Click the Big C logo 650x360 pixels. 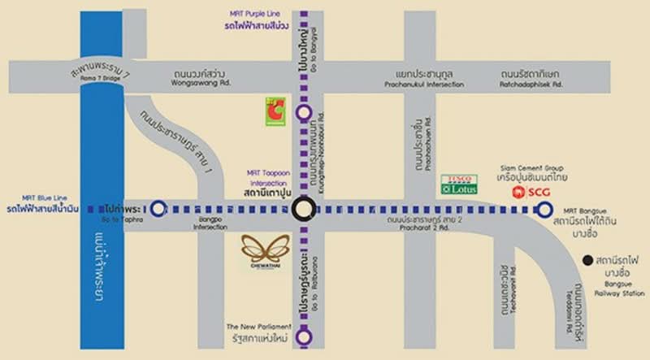tap(274, 111)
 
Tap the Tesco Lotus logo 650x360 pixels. tap(458, 184)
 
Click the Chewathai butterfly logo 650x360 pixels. tap(264, 249)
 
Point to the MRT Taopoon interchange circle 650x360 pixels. tap(303, 210)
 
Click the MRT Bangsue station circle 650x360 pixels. tap(544, 210)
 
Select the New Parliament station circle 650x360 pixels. tap(303, 335)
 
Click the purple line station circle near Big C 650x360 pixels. tap(303, 113)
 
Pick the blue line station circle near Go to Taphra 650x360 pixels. tap(159, 210)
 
